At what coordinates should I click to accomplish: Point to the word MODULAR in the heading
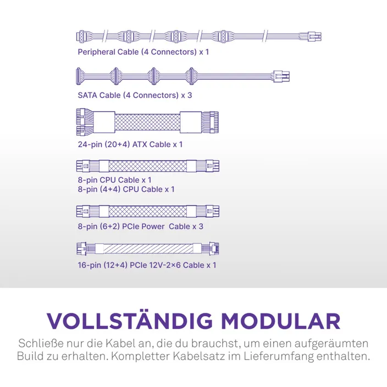280,321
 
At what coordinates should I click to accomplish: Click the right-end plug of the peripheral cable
314,37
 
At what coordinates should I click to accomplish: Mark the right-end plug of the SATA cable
281,76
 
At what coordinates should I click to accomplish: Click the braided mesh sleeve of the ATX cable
147,122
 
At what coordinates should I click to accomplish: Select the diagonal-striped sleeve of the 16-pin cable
148,248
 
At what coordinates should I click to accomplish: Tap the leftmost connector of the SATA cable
79,76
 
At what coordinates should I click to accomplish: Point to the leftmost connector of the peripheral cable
81,37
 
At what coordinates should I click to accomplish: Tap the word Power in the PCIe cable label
153,226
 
